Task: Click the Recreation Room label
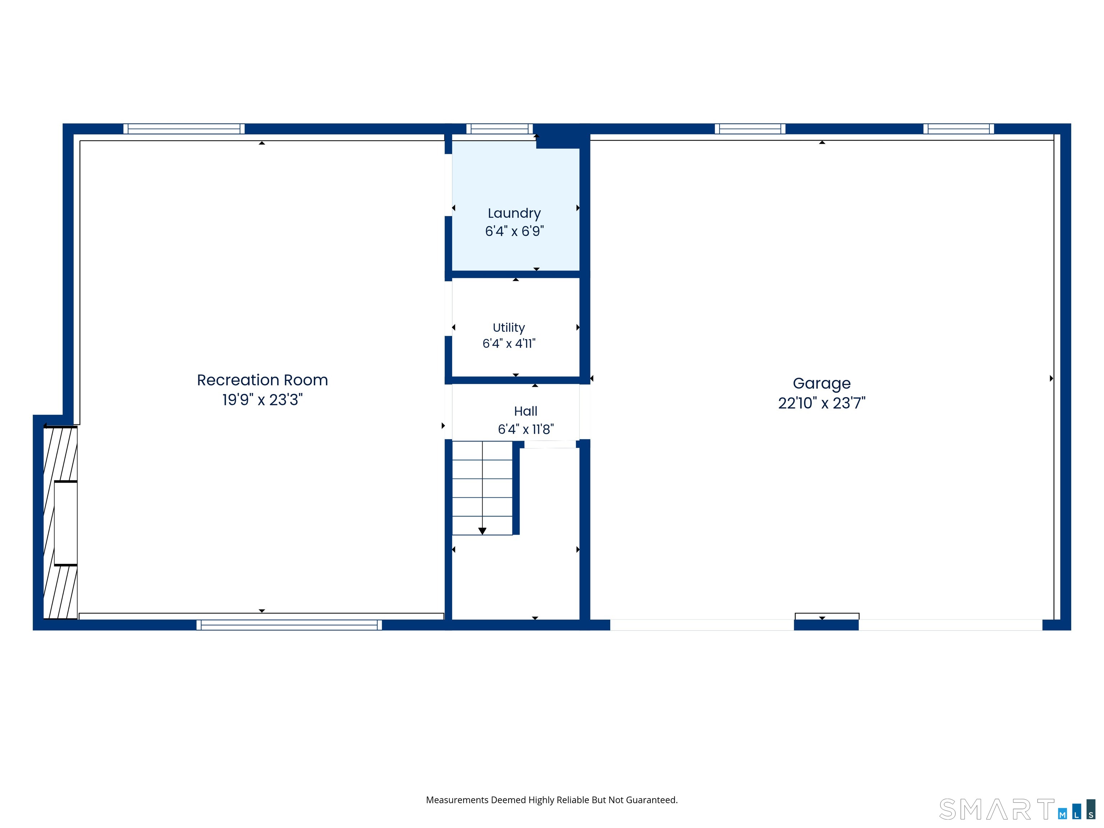(x=263, y=380)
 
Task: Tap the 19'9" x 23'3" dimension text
(x=263, y=400)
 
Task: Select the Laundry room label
(x=514, y=213)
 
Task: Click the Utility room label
(x=509, y=328)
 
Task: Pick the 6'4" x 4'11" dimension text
(x=509, y=343)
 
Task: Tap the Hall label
(x=525, y=411)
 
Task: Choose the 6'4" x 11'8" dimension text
(x=525, y=429)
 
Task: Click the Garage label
(x=822, y=384)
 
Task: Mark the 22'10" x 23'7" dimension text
(x=822, y=403)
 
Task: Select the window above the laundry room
(x=500, y=129)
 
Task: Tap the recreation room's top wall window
(x=184, y=129)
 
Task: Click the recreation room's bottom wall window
(x=289, y=625)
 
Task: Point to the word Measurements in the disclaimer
(x=457, y=800)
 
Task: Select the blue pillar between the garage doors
(x=826, y=625)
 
